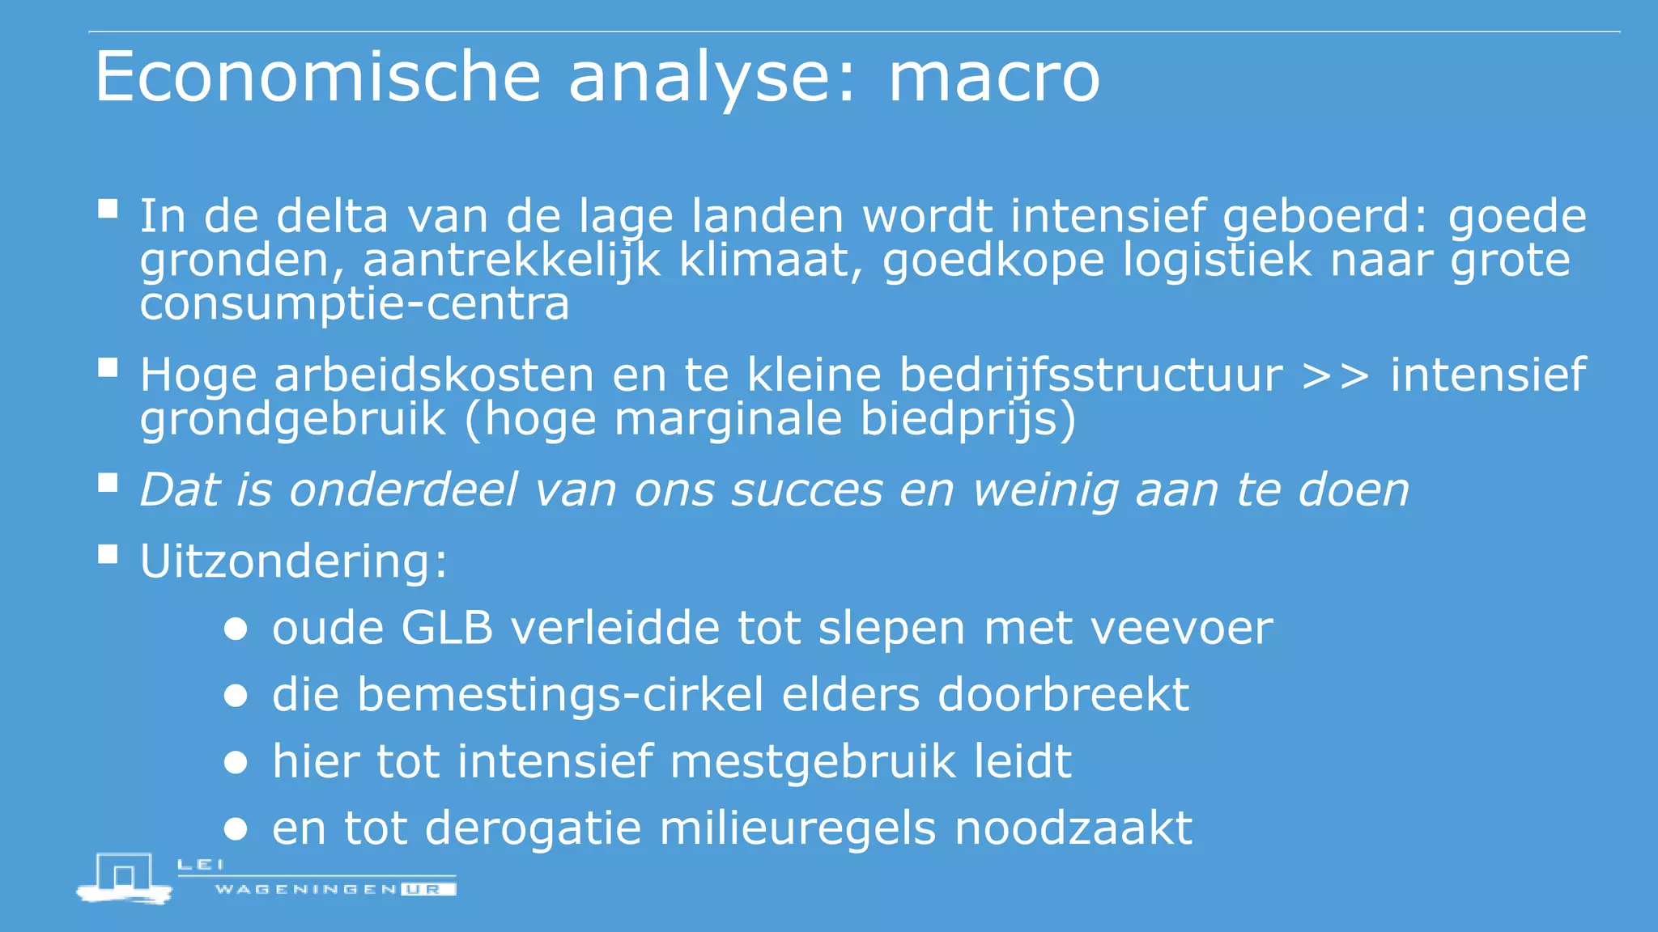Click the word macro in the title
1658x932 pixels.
(x=994, y=78)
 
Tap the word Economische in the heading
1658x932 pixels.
(x=317, y=77)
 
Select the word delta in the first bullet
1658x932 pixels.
(x=332, y=217)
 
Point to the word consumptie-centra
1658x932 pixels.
(x=355, y=304)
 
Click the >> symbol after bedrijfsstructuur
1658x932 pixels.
(x=1336, y=375)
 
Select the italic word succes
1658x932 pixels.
(x=806, y=490)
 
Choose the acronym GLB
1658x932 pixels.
(x=447, y=628)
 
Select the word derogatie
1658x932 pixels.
(x=533, y=828)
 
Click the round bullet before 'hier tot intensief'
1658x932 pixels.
(x=236, y=762)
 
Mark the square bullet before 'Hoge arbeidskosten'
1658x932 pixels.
(x=108, y=369)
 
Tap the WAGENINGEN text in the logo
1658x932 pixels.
(x=306, y=889)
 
